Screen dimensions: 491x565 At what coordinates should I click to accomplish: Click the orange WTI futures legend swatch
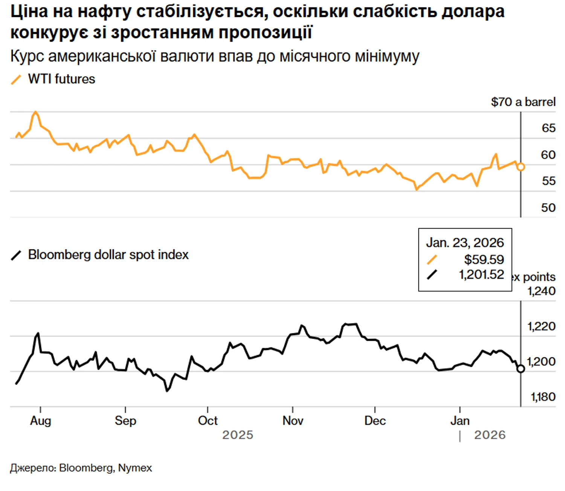(16, 80)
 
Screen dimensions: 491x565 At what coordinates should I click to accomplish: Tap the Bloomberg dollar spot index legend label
(108, 255)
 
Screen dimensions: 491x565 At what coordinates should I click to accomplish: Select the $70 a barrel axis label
(523, 102)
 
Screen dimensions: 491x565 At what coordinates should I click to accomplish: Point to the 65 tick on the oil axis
(548, 128)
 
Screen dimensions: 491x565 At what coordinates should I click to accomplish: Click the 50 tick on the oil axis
(548, 208)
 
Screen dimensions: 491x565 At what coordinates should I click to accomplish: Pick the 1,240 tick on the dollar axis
(541, 291)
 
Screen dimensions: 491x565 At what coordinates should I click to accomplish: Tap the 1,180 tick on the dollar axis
(543, 397)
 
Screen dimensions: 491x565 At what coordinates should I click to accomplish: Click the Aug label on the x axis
(40, 421)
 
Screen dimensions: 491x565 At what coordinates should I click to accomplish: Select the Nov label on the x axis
(293, 421)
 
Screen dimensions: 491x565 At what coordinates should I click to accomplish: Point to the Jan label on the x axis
(460, 421)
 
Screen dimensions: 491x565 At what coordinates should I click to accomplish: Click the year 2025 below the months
(238, 435)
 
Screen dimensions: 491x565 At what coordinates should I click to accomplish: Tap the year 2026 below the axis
(490, 435)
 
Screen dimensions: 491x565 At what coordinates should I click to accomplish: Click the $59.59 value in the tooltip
(484, 260)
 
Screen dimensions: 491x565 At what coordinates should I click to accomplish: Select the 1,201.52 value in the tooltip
(481, 275)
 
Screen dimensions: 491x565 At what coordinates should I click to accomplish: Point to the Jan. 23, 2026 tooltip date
(465, 243)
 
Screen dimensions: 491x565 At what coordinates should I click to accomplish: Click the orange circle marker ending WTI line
(521, 167)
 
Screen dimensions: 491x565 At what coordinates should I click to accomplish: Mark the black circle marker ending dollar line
(521, 369)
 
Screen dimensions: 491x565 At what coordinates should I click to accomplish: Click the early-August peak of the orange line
(35, 112)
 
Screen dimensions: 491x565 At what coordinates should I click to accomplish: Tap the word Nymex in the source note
(135, 468)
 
